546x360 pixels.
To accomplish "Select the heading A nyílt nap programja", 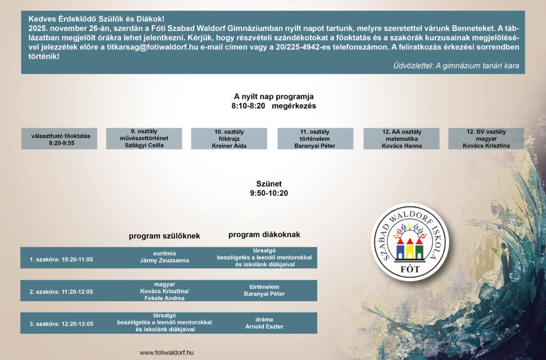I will click(274, 97).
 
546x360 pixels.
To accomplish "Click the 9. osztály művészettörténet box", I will click(144, 139).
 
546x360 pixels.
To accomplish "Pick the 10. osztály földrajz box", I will click(229, 139).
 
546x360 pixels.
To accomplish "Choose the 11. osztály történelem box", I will click(315, 139).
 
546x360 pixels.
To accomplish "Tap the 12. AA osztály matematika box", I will click(401, 139).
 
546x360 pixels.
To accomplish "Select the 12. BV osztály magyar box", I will click(486, 139).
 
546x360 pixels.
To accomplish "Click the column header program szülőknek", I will click(164, 236).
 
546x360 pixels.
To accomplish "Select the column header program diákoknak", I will click(264, 235).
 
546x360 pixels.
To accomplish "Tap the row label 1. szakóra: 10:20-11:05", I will click(61, 260).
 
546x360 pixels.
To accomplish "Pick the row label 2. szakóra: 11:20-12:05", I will click(61, 292).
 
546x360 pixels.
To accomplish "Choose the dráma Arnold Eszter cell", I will click(264, 323).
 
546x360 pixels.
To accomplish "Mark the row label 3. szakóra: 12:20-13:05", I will click(61, 324).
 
